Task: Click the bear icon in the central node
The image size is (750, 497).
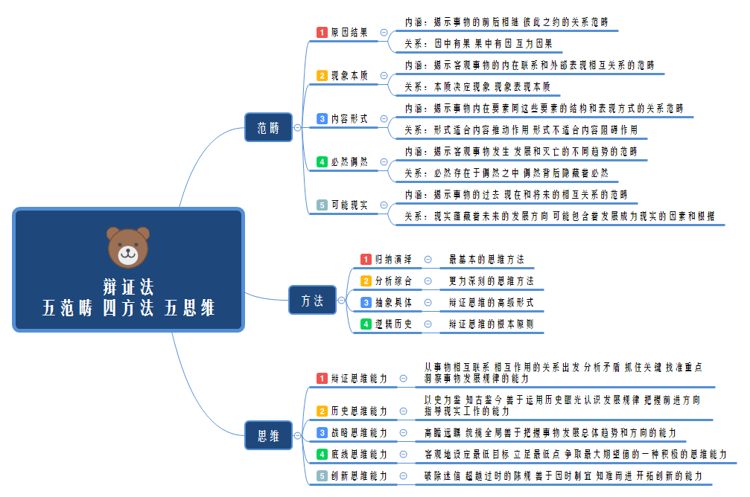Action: (x=128, y=247)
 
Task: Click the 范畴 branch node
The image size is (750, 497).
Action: (x=269, y=127)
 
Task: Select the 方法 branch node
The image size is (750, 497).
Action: (x=312, y=301)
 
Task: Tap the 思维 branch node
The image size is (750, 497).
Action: (x=269, y=435)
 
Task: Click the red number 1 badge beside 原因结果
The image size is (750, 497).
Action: (x=322, y=33)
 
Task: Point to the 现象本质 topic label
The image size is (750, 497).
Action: (x=349, y=76)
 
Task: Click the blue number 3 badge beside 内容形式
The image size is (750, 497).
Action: (x=322, y=119)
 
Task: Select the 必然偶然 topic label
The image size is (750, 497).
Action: (x=349, y=161)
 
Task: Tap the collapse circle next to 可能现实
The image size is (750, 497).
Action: (x=384, y=205)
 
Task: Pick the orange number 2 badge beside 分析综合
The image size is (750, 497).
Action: (x=366, y=281)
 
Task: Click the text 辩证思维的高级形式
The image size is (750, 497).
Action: (x=491, y=303)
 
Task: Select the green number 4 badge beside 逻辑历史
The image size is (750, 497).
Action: (x=366, y=324)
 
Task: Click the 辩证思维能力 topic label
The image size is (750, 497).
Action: (x=359, y=379)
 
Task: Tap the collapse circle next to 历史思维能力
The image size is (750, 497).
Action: (x=403, y=411)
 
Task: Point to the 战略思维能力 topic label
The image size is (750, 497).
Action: (x=359, y=432)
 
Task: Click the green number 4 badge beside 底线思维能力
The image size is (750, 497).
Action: (x=322, y=454)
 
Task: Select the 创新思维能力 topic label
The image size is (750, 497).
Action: (x=359, y=475)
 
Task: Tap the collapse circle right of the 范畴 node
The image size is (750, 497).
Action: (x=298, y=128)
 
